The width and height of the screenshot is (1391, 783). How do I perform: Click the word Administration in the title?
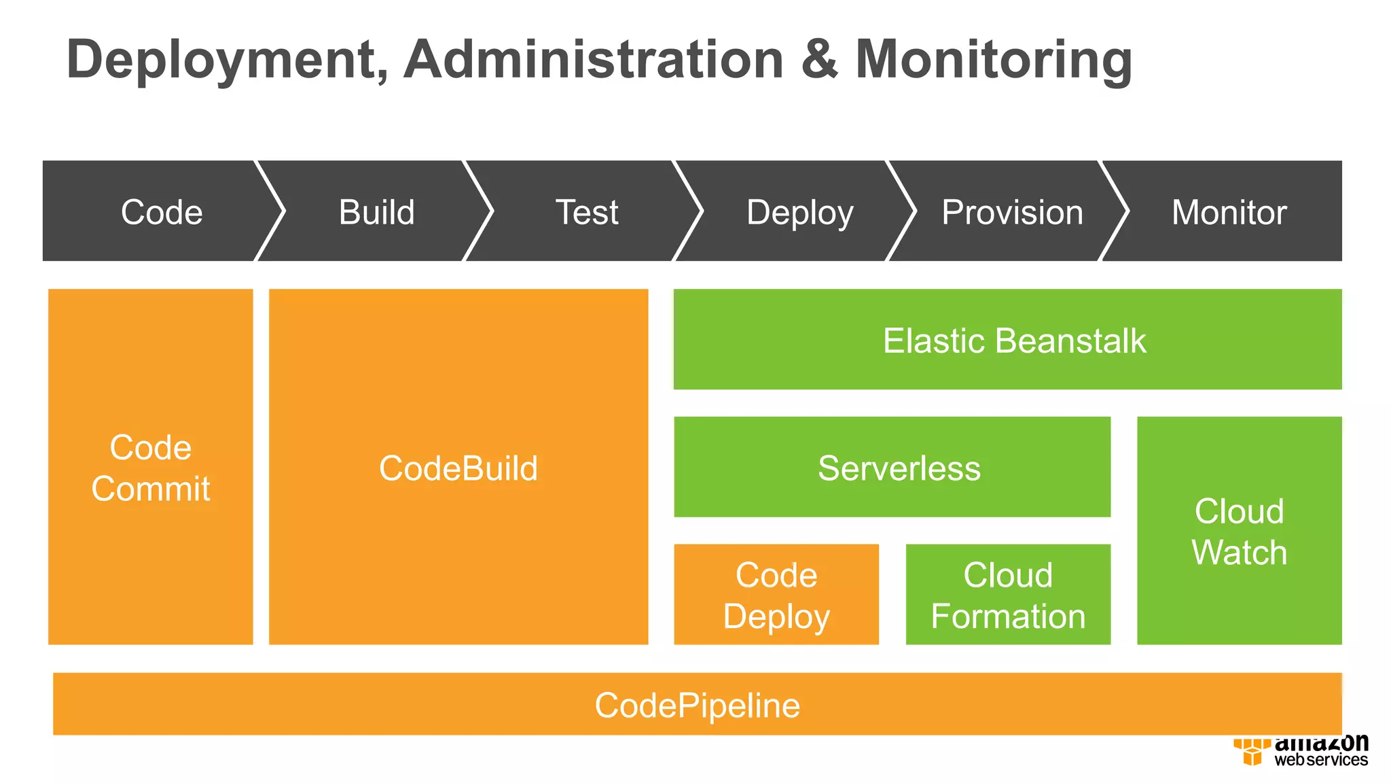tap(594, 60)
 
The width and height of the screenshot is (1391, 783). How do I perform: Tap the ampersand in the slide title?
tap(819, 60)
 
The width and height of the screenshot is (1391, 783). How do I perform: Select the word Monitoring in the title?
tap(993, 60)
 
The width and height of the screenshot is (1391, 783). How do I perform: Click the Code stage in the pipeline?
tap(162, 212)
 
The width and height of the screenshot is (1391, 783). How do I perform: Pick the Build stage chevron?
tap(376, 212)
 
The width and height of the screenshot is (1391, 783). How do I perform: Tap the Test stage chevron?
tap(587, 212)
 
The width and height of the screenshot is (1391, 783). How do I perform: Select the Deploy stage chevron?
tap(799, 212)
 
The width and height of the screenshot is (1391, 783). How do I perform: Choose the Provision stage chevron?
tap(1011, 212)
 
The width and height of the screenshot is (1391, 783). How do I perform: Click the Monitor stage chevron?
tap(1229, 212)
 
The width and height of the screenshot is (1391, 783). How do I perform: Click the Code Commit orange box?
tap(151, 468)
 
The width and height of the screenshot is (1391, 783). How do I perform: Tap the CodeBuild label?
tap(458, 468)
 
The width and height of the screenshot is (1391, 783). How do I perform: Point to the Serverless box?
tap(899, 468)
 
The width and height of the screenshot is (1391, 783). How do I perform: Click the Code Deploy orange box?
tap(776, 595)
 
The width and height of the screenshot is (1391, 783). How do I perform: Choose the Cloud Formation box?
tap(1008, 595)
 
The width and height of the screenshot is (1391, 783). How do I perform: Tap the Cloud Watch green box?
tap(1239, 531)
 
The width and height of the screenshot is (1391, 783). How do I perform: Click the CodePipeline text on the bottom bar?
tap(697, 705)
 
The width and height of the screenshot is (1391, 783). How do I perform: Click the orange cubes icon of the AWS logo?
tap(1251, 752)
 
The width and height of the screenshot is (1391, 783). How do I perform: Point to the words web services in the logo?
tap(1320, 760)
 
